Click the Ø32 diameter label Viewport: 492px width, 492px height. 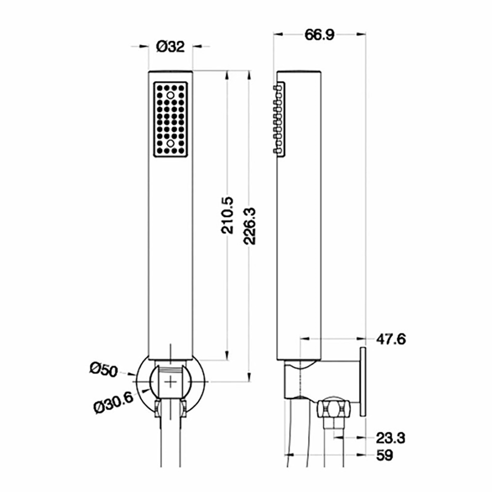[170, 47]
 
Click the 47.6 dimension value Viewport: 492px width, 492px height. [391, 339]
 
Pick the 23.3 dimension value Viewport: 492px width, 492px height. [391, 437]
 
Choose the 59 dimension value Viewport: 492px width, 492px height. [385, 456]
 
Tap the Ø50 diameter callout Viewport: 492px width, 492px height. [104, 369]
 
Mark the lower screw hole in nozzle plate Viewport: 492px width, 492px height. [170, 143]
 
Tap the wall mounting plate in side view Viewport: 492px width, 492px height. [363, 381]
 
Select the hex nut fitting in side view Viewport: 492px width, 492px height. [334, 409]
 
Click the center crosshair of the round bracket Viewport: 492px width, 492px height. [170, 381]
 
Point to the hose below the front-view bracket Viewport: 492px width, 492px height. [170, 443]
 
